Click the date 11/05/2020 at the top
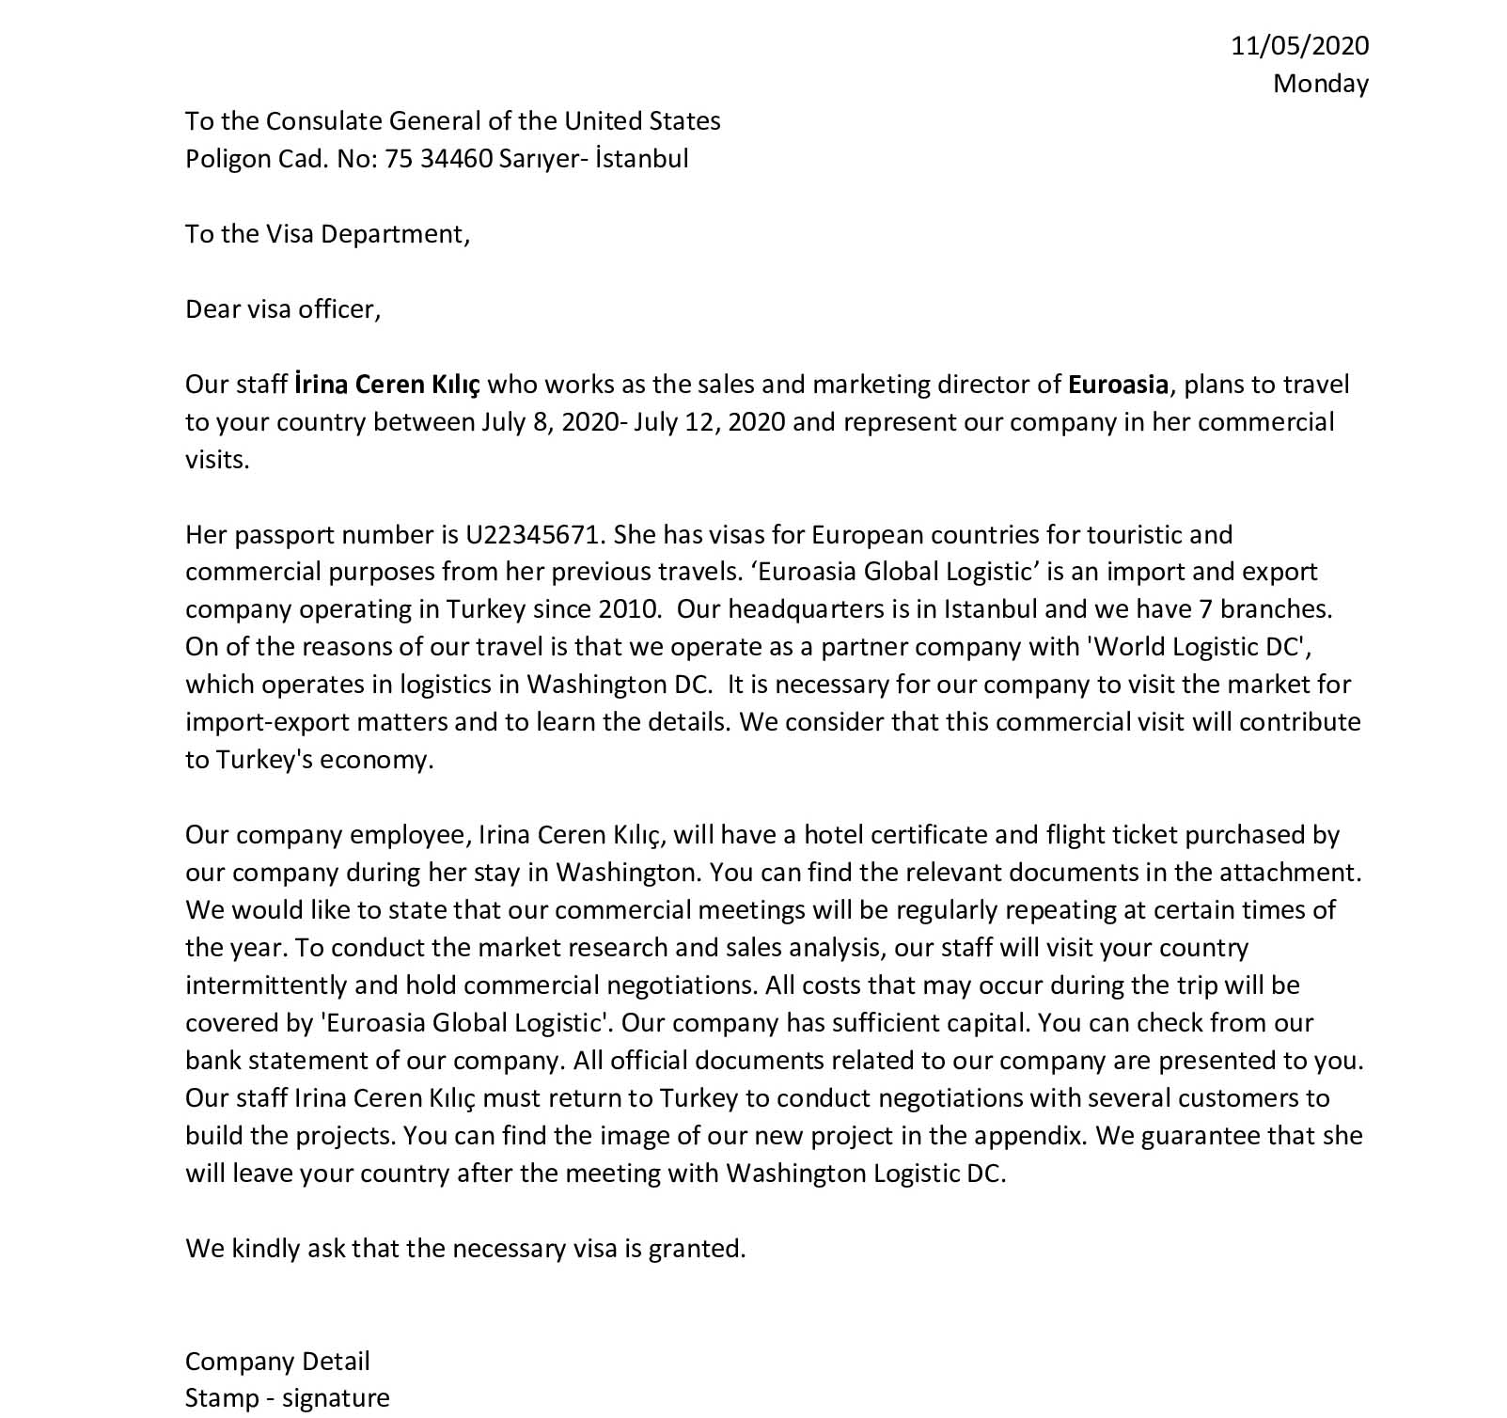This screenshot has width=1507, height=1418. [x=1299, y=45]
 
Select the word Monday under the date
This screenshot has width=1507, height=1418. [x=1320, y=83]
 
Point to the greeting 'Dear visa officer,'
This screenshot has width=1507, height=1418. [x=283, y=308]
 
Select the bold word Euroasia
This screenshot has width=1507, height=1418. [x=1118, y=384]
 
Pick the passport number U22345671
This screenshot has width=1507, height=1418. [x=532, y=534]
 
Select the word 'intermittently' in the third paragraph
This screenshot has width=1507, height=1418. [x=266, y=985]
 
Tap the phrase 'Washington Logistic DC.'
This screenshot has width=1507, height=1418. [x=866, y=1173]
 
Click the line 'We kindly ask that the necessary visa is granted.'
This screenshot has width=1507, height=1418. [x=465, y=1248]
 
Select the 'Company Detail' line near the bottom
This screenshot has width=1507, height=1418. [x=277, y=1361]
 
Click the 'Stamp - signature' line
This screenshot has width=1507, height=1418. [x=287, y=1398]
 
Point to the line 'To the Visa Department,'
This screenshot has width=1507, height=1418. [x=327, y=233]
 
